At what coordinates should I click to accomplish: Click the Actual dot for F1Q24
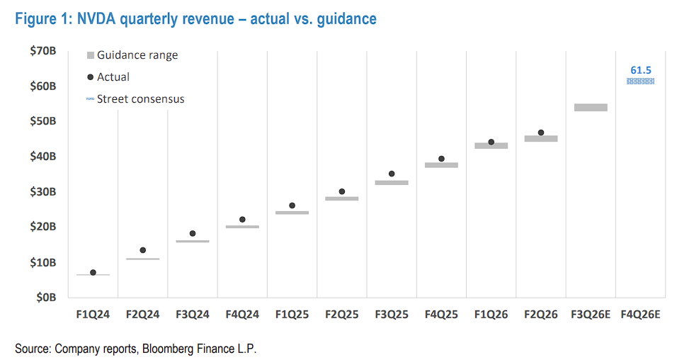(93, 272)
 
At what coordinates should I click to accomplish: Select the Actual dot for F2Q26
(541, 133)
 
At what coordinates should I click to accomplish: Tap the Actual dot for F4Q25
(441, 159)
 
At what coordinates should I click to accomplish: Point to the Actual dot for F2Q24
(142, 250)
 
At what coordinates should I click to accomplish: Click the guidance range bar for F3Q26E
(591, 108)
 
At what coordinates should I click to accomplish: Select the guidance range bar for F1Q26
(491, 145)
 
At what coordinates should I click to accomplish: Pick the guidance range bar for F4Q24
(242, 227)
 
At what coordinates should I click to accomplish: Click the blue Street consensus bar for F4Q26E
(640, 81)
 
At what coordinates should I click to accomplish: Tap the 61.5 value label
(640, 69)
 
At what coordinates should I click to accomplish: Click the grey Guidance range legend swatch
(90, 55)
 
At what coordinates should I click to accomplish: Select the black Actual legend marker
(90, 77)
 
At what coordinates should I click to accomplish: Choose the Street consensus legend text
(140, 99)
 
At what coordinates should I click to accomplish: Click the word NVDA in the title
(97, 19)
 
